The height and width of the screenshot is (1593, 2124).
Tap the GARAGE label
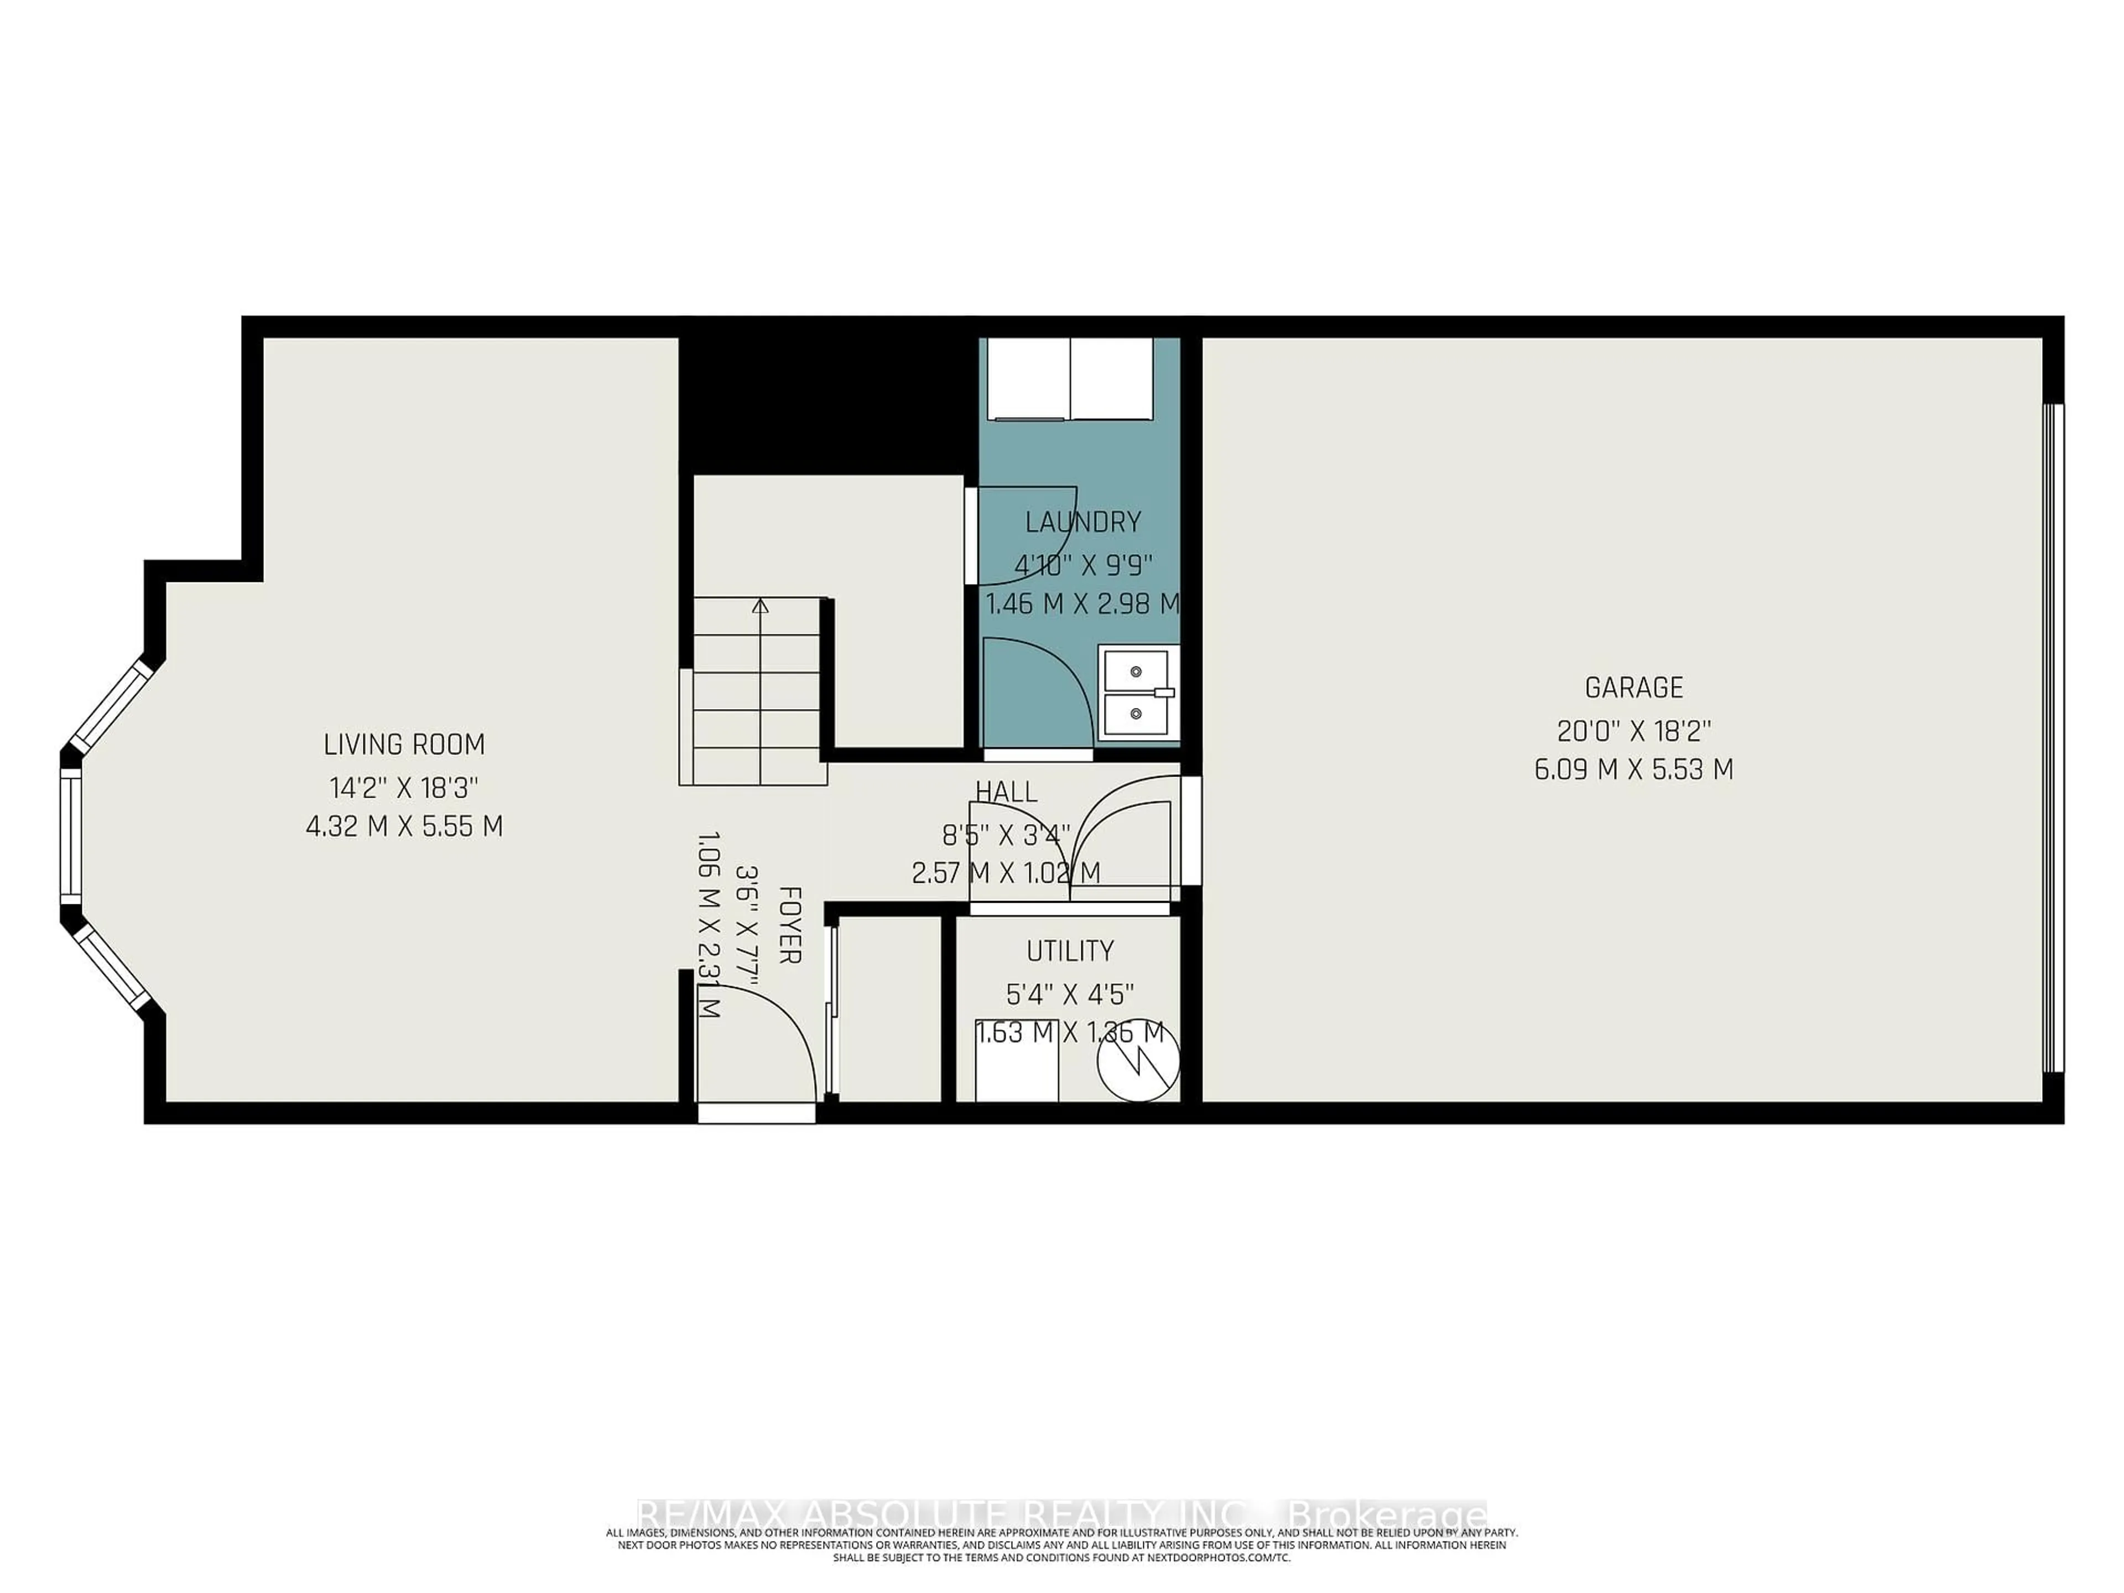click(1633, 688)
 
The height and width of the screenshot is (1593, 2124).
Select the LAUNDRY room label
click(1082, 522)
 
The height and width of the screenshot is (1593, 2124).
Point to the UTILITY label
click(1070, 951)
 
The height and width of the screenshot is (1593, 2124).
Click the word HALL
click(1006, 791)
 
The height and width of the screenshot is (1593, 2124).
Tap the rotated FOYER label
click(789, 925)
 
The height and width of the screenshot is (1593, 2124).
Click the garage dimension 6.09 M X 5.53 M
click(1633, 770)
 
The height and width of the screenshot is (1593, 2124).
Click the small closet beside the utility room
click(889, 1008)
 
